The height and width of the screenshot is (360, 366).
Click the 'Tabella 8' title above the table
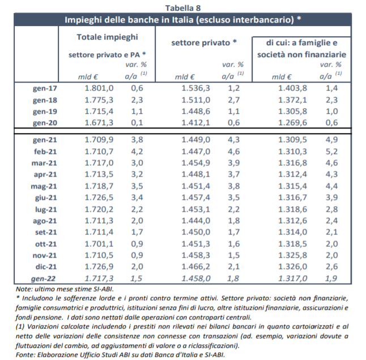coord(183,8)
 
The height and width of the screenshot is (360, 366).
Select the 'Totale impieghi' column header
coord(108,37)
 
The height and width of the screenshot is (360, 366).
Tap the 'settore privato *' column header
coord(204,42)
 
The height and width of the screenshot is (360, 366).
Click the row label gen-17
coord(45,88)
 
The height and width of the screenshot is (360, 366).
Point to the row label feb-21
coord(45,152)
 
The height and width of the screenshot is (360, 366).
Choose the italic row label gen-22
coord(43,278)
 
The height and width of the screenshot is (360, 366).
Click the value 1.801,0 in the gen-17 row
coord(99,88)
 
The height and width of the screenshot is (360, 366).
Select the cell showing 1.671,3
coord(99,123)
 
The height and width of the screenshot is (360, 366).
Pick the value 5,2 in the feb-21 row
coord(331,152)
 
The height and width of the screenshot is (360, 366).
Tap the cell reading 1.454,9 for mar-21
coord(196,163)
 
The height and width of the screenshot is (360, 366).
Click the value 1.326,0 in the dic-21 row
coord(293,267)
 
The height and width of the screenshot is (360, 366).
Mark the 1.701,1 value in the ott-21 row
coord(99,244)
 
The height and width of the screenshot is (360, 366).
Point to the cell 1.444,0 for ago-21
coord(196,221)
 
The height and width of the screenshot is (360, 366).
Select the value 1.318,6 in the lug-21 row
coord(293,209)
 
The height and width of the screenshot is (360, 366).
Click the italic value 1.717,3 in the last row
coord(99,278)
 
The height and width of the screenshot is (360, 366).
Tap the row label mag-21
coord(44,187)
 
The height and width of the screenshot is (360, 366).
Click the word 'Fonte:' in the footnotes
coord(25,355)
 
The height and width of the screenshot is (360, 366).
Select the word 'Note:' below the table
coord(24,289)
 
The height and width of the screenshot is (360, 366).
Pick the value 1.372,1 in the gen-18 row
coord(293,100)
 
